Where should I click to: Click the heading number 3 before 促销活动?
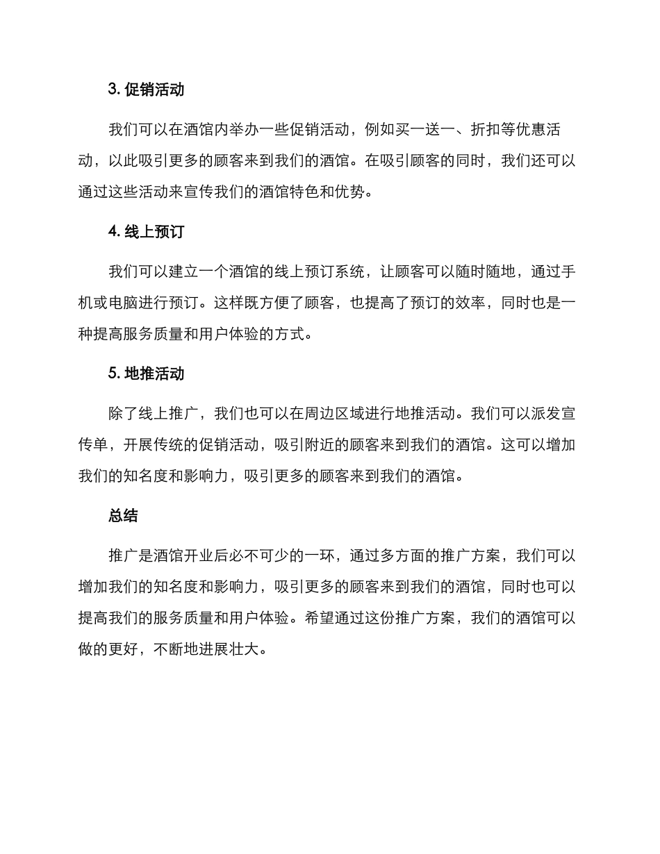(x=113, y=90)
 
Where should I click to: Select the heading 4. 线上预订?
(x=146, y=232)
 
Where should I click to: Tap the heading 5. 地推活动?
(x=146, y=374)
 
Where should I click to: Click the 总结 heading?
(x=123, y=515)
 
